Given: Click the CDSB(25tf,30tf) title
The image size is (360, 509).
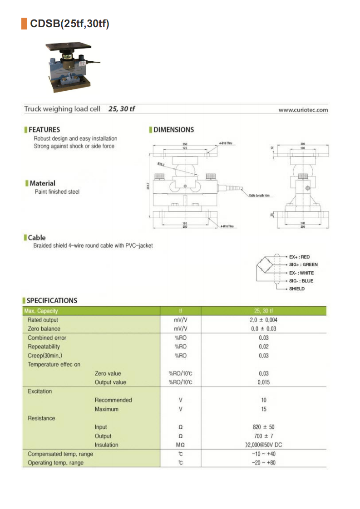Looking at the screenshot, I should pyautogui.click(x=69, y=24).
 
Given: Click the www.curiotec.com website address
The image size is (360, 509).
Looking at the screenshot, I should pyautogui.click(x=303, y=110).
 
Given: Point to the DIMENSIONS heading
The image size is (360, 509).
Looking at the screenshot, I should pyautogui.click(x=173, y=130).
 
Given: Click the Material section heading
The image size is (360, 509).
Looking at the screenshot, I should pyautogui.click(x=42, y=183).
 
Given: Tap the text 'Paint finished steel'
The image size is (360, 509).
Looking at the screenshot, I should pyautogui.click(x=57, y=192).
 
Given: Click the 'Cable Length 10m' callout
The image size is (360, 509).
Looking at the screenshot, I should pyautogui.click(x=259, y=195).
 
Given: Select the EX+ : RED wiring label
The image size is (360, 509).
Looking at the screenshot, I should pyautogui.click(x=300, y=257).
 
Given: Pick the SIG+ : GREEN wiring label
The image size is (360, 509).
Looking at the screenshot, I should pyautogui.click(x=303, y=264).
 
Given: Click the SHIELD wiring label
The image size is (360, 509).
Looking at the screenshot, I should pyautogui.click(x=297, y=289).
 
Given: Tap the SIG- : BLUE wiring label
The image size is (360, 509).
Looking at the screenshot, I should pyautogui.click(x=301, y=281).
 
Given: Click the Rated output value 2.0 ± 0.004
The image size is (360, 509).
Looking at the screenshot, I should pyautogui.click(x=263, y=320).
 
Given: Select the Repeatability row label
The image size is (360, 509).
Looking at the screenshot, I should pyautogui.click(x=41, y=347).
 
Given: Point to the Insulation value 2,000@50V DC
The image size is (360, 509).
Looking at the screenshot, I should pyautogui.click(x=263, y=445).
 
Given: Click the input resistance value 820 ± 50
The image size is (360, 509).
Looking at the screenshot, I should pyautogui.click(x=263, y=427).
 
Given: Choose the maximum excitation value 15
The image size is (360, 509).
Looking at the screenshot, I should pyautogui.click(x=264, y=409).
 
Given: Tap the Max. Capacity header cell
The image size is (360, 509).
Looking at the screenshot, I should pyautogui.click(x=43, y=311).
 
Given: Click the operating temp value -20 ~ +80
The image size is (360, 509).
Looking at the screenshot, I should pyautogui.click(x=263, y=463).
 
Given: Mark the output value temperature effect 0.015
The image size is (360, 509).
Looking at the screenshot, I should pyautogui.click(x=263, y=382).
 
